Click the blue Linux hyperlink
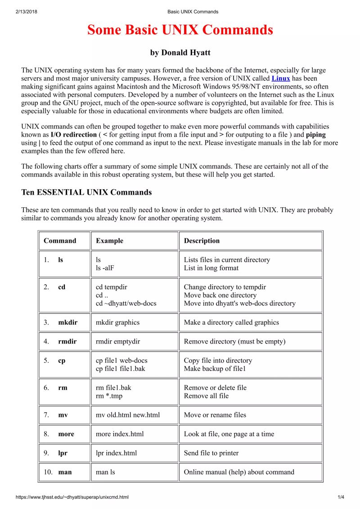point(281,78)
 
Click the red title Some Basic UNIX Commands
point(180,30)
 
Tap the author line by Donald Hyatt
point(180,53)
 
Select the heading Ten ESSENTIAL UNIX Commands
point(86,192)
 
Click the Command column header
point(60,241)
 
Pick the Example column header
point(109,241)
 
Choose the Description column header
point(202,241)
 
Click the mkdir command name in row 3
point(67,322)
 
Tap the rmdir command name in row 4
point(67,341)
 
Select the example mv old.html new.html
point(128,415)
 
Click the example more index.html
point(120,434)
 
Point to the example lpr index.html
point(117,453)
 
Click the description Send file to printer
point(211,453)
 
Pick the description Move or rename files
point(215,415)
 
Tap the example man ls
point(105,472)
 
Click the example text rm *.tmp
point(109,396)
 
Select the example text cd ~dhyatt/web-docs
point(126,304)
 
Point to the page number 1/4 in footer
point(341,497)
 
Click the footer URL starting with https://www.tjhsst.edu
point(72,497)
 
